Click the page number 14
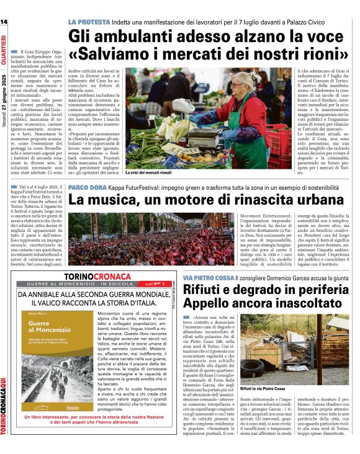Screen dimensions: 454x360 click(4, 22)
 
